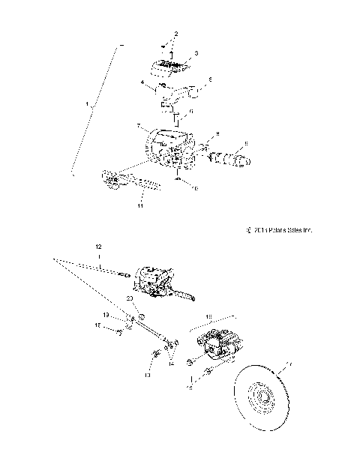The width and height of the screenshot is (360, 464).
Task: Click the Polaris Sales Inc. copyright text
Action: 277,230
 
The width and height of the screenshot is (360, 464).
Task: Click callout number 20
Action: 129,298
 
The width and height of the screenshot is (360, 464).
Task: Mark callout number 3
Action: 196,54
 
